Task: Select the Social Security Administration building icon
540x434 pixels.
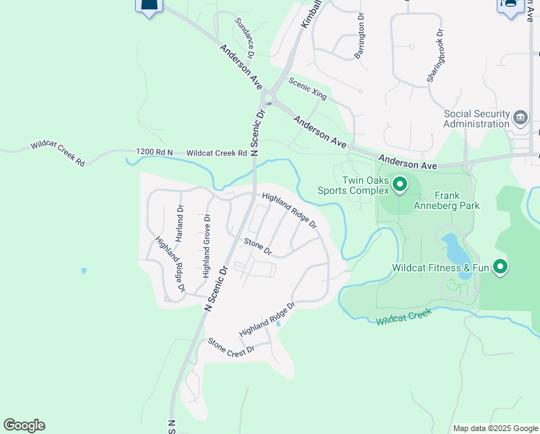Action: pyautogui.click(x=521, y=118)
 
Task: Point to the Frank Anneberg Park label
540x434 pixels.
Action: pyautogui.click(x=457, y=200)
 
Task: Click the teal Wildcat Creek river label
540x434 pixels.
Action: pyautogui.click(x=404, y=316)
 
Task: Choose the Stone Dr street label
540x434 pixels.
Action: pyautogui.click(x=258, y=247)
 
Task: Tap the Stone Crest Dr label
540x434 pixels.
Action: pyautogui.click(x=232, y=345)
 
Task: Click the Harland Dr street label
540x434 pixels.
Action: pyautogui.click(x=180, y=223)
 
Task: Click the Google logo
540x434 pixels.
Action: pyautogui.click(x=24, y=425)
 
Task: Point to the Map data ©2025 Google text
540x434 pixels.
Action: pyautogui.click(x=495, y=428)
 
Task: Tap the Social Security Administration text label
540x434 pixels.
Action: pyautogui.click(x=476, y=119)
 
